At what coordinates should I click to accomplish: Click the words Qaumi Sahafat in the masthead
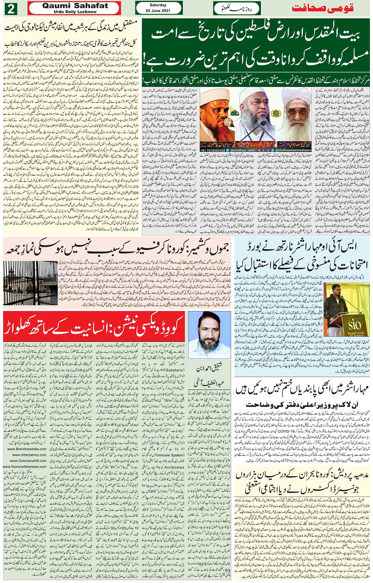[x=75, y=6]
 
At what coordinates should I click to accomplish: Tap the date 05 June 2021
[x=158, y=10]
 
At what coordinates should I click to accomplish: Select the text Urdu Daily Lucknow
[x=75, y=12]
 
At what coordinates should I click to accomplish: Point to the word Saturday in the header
[x=158, y=5]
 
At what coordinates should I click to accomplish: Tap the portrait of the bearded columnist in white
[x=209, y=336]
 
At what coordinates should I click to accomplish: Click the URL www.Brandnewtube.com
[x=26, y=449]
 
